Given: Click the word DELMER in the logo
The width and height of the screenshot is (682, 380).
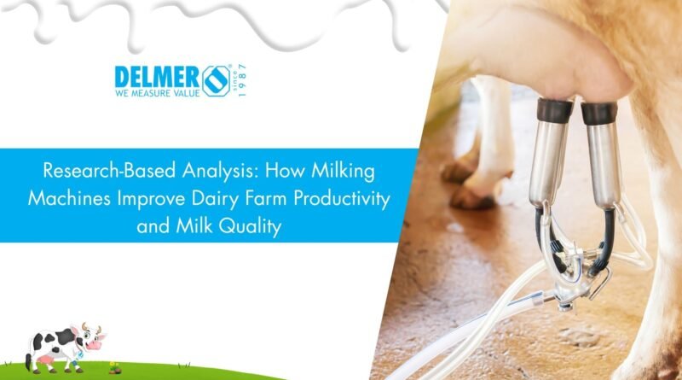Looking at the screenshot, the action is [x=157, y=78].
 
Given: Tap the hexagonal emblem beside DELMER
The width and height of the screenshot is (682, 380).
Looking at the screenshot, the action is [x=217, y=80].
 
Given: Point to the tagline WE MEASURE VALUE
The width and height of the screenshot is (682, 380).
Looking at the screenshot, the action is [x=158, y=93].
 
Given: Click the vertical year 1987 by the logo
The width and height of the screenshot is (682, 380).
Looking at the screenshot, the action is [x=243, y=79].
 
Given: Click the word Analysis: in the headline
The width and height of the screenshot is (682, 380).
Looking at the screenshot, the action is [x=220, y=171].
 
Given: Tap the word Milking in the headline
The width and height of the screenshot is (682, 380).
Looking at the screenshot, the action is [x=343, y=171].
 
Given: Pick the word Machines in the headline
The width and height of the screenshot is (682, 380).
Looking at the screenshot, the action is [x=69, y=198].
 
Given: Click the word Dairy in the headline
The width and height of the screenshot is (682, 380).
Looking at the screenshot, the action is [x=216, y=199].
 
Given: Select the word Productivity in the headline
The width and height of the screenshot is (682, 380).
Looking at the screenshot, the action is [x=342, y=199].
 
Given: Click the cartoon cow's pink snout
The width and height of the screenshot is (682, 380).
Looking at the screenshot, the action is [x=95, y=345].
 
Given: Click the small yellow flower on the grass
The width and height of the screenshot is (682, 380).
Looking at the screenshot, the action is [x=114, y=365].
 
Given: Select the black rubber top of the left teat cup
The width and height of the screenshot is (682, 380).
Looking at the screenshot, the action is [x=555, y=110].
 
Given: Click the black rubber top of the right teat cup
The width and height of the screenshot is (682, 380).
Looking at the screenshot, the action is [x=599, y=113].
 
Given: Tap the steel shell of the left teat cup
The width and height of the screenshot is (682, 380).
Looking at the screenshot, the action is [x=549, y=162].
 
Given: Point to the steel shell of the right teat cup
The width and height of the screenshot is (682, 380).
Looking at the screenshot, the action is [x=604, y=167].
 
